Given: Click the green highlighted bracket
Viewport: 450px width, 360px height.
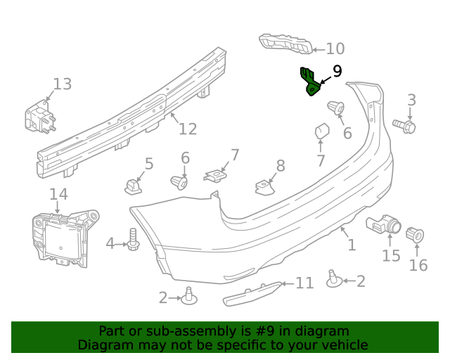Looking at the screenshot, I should (309, 82).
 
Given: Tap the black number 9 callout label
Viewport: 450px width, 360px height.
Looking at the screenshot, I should (337, 71).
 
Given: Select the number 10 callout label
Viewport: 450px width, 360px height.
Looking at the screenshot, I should (335, 49).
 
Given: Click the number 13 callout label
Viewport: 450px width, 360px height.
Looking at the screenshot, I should (62, 84).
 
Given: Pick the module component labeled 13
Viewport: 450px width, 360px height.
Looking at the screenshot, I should (40, 117).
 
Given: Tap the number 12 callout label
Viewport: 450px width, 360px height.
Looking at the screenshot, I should (187, 129).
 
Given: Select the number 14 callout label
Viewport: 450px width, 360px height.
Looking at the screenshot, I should (58, 194).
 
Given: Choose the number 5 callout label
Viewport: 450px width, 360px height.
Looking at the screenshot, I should (148, 165).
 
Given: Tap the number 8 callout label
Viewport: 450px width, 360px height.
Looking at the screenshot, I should (280, 166).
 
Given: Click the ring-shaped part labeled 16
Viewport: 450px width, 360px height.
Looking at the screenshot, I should (416, 234).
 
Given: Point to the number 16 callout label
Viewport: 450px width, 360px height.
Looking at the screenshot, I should (418, 265).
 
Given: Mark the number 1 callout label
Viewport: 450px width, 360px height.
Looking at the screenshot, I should (352, 245).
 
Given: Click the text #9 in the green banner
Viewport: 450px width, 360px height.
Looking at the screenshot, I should (273, 331).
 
